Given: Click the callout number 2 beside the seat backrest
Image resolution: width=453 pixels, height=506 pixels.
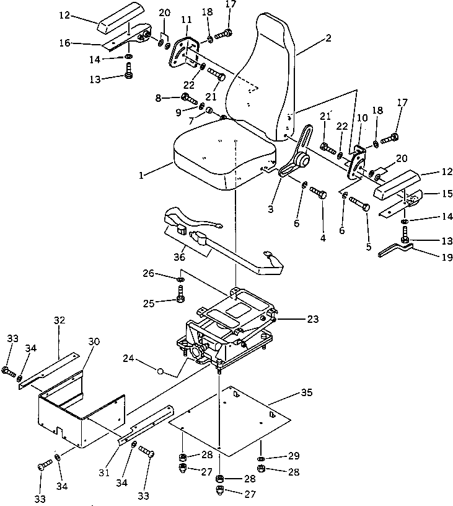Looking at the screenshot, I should point(328,38).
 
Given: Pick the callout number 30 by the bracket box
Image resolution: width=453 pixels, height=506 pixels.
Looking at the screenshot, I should point(94,341).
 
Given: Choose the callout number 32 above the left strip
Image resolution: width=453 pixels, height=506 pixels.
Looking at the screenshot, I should point(59,320).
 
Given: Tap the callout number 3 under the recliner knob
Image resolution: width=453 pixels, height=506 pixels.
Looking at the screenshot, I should point(270,209).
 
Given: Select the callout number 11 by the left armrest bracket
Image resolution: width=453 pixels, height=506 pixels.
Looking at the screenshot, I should point(187,21).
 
